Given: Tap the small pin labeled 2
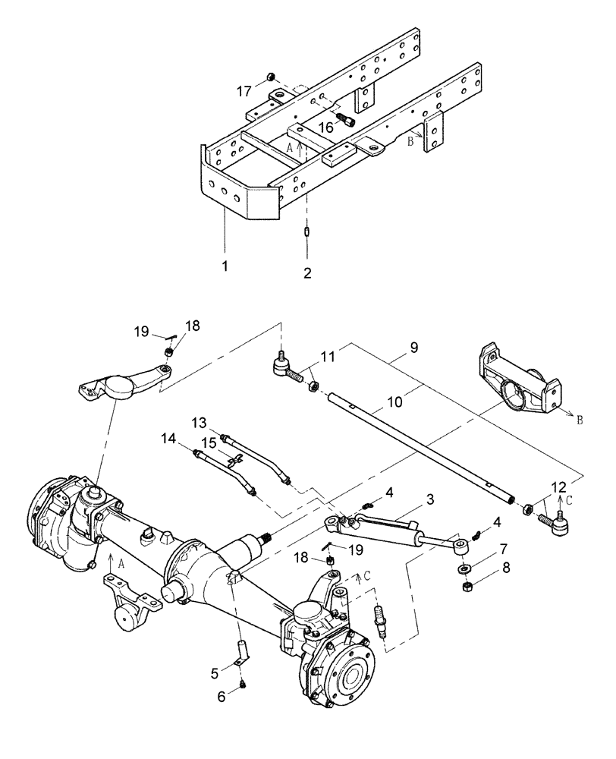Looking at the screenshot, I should click(x=307, y=231).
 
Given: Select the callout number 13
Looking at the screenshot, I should click(x=199, y=421).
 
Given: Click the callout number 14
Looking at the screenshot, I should click(x=167, y=438).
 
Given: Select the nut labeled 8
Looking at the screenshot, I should click(x=464, y=587).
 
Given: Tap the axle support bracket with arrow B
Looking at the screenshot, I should click(x=520, y=376).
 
